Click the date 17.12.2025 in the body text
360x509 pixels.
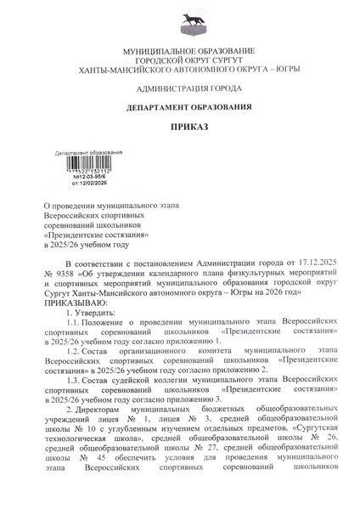pyautogui.click(x=305, y=266)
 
